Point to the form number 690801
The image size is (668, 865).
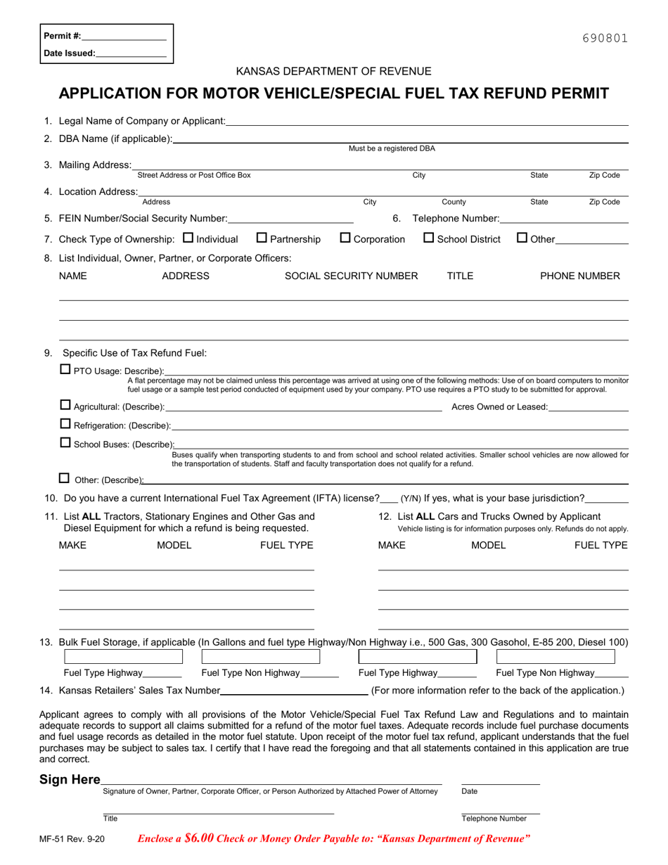click(x=605, y=39)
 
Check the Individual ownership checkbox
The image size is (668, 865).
click(x=188, y=238)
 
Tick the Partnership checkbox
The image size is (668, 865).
click(x=262, y=238)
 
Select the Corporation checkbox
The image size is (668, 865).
click(x=345, y=238)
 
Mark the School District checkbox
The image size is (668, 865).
click(x=429, y=238)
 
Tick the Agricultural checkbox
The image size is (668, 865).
click(x=65, y=405)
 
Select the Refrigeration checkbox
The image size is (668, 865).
click(x=65, y=423)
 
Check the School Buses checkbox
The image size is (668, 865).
click(x=65, y=442)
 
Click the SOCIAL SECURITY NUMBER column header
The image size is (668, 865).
click(x=351, y=276)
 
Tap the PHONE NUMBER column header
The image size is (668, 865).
click(x=579, y=276)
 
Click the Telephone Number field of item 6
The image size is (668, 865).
click(x=564, y=220)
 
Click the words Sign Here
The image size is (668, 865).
click(x=70, y=779)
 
